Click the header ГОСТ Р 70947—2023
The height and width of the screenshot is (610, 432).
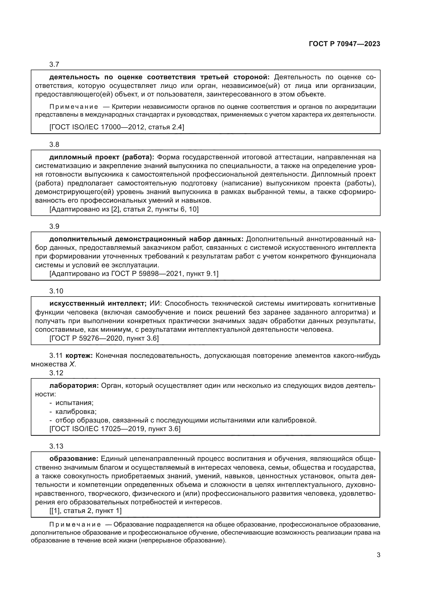coord(344,44)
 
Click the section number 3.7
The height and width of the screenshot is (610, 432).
coord(54,65)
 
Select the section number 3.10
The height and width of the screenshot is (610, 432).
coord(56,291)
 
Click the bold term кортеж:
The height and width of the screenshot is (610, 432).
coord(79,355)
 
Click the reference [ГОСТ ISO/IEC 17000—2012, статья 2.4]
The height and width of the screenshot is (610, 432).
coord(117,127)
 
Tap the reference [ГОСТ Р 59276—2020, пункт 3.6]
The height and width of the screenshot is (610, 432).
coord(104,338)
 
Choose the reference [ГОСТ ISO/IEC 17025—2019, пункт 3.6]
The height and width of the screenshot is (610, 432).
coord(115,429)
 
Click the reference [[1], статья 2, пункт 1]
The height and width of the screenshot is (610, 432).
coord(85,511)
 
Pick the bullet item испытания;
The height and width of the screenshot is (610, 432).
coord(74,403)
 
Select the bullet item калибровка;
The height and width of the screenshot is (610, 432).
coord(76,412)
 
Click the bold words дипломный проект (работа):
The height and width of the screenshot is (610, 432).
coord(102,157)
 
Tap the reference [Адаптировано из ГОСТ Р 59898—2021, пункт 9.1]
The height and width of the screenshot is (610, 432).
coord(134,274)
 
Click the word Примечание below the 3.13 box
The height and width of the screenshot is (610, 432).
coord(75,524)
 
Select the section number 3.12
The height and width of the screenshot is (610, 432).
coord(56,373)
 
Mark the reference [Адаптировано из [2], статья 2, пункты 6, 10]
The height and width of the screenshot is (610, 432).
coord(124,209)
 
